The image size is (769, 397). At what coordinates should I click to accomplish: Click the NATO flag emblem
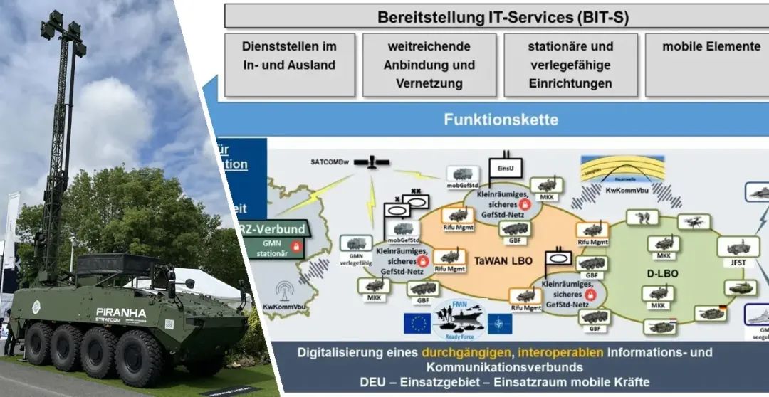499,324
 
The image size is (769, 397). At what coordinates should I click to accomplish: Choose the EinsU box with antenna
506,168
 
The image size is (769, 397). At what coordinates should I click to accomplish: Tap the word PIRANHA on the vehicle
121,312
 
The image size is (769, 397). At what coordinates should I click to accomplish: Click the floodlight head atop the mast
63,28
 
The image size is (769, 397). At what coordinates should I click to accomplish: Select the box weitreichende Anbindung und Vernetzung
429,65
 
